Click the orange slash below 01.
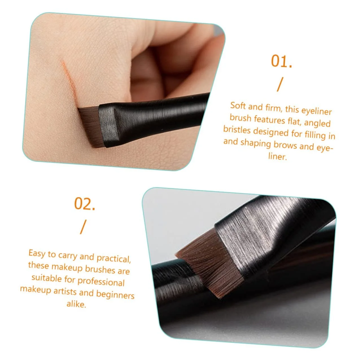click(x=280, y=85)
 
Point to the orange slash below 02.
click(x=83, y=227)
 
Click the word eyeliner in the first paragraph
click(x=316, y=111)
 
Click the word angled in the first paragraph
click(x=317, y=123)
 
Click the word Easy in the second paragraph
click(x=37, y=253)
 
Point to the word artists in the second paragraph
click(x=65, y=291)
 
